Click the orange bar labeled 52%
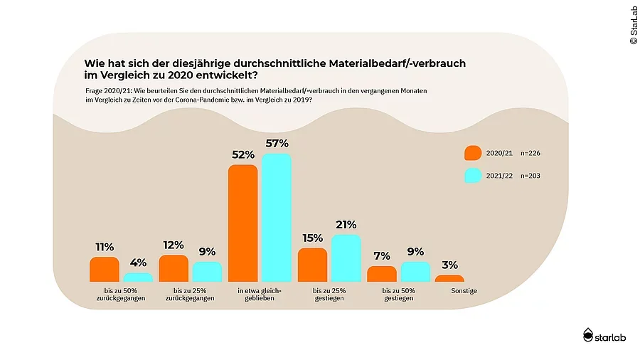(x=242, y=223)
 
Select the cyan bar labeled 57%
(x=277, y=218)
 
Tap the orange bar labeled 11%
(x=104, y=270)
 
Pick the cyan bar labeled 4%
(x=138, y=277)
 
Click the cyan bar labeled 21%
(x=346, y=258)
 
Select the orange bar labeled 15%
(x=312, y=265)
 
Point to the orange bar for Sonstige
(x=449, y=278)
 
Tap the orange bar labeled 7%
(x=381, y=274)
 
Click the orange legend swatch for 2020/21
(x=473, y=153)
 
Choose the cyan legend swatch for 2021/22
(x=473, y=176)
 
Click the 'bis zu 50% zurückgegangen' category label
(x=120, y=295)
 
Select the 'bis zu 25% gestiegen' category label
(x=329, y=295)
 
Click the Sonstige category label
(x=464, y=291)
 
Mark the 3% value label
(x=449, y=265)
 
